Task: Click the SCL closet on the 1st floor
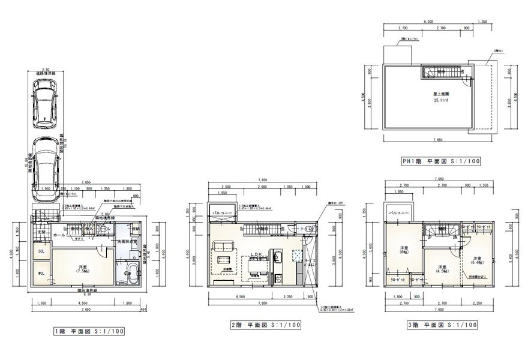(41, 252)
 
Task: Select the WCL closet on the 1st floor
(41, 275)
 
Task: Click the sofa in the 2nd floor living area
(223, 246)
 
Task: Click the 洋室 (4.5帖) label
(442, 269)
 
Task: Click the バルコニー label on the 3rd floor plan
(399, 212)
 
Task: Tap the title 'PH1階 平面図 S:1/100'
(442, 161)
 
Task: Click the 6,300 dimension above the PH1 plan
(428, 21)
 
